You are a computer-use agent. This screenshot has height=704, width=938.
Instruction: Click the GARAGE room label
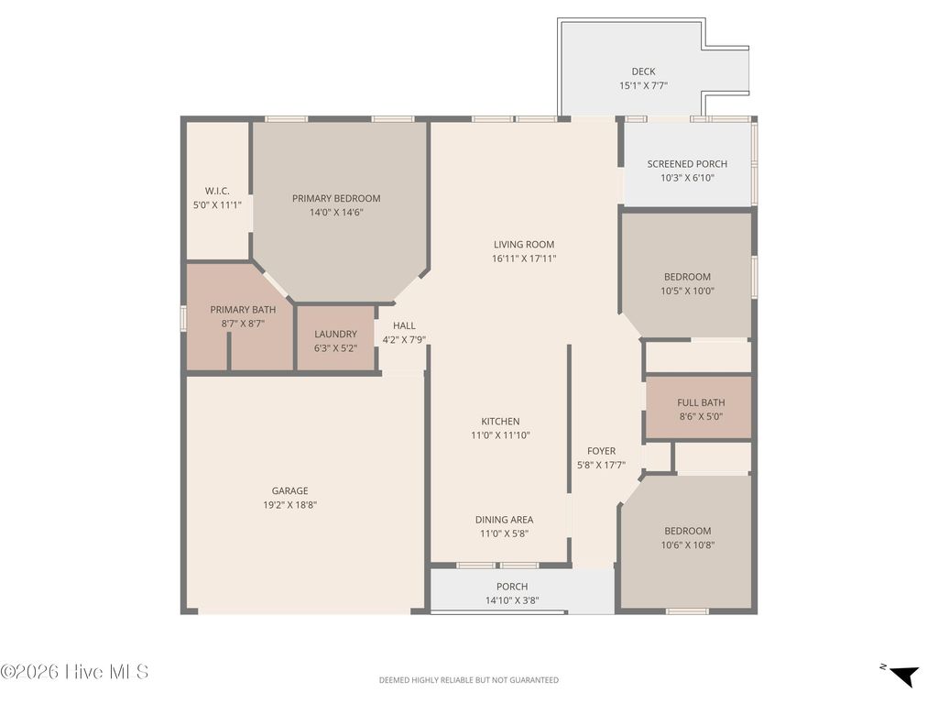[289, 490]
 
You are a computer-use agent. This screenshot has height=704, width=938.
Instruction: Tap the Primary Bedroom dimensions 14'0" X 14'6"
[336, 213]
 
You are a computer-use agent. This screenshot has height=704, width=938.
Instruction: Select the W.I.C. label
[217, 191]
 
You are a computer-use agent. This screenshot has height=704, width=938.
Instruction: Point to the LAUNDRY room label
[335, 335]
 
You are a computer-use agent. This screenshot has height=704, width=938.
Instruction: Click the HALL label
[404, 325]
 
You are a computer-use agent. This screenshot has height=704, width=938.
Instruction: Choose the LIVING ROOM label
[524, 245]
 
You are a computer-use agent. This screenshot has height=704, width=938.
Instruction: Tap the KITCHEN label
[500, 422]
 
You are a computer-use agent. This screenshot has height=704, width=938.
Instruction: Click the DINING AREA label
[504, 520]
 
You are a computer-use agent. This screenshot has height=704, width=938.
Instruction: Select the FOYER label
[601, 451]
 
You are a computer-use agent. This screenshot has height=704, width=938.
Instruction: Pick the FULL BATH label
[701, 402]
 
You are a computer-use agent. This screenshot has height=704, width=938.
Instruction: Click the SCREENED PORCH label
[687, 164]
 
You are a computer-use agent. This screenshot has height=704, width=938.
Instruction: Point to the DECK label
[643, 71]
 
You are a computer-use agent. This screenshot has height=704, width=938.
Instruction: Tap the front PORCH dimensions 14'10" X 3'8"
[512, 601]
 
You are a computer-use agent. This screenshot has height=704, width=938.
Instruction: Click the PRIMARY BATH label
[243, 310]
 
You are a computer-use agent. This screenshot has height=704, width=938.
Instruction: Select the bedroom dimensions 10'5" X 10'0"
[687, 291]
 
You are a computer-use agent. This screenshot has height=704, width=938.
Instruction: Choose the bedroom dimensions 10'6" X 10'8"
[687, 544]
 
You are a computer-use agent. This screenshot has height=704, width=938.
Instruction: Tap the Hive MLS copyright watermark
[74, 672]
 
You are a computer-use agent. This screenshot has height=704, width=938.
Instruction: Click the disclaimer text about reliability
[468, 680]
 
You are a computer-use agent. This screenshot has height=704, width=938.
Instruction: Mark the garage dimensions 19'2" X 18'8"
[289, 504]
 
